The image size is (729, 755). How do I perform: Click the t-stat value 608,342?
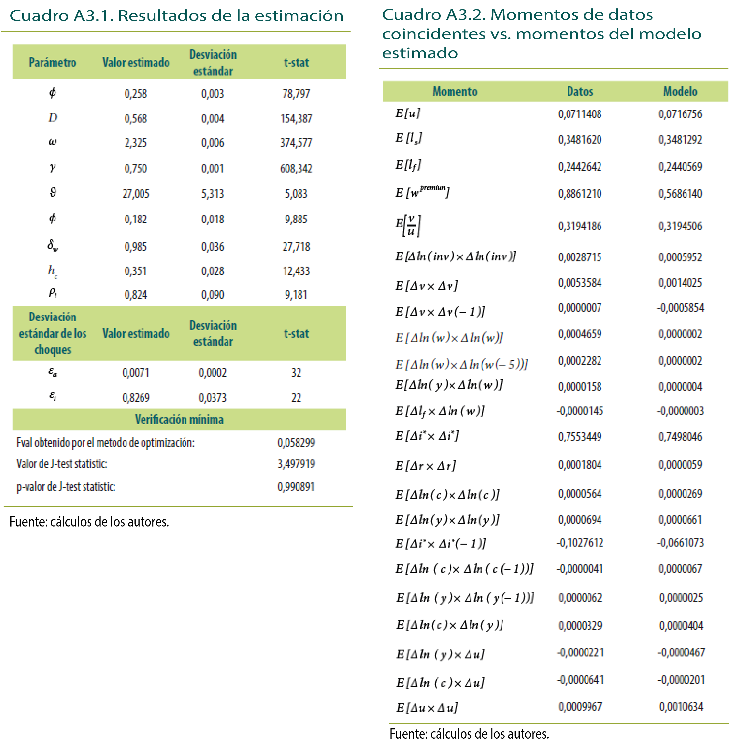tap(296, 168)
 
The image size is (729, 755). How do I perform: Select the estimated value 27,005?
tap(136, 193)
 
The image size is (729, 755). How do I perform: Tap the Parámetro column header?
tap(52, 62)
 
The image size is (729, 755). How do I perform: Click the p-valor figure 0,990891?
tap(296, 486)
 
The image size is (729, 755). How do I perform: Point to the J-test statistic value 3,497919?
tap(296, 464)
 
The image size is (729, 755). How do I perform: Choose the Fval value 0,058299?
tap(296, 442)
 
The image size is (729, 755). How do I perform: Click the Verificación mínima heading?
tap(179, 420)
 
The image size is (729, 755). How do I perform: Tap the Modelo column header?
tap(680, 91)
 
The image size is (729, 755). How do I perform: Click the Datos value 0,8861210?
tap(580, 194)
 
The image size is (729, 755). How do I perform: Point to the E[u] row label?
tap(408, 113)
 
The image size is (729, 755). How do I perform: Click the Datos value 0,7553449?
tap(580, 436)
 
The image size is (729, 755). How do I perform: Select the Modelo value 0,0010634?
tap(681, 707)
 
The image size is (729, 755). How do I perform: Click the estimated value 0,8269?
tap(136, 397)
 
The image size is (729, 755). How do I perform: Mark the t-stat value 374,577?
tap(296, 143)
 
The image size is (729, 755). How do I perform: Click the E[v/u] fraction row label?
tap(409, 226)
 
